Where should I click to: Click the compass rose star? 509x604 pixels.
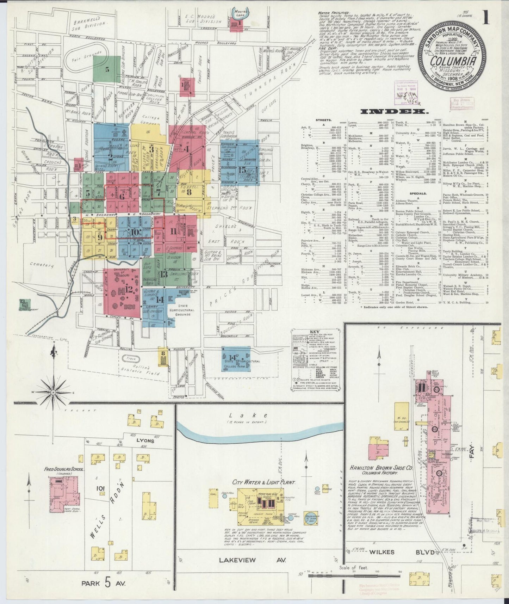(53, 392)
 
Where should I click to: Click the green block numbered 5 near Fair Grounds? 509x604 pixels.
(107, 69)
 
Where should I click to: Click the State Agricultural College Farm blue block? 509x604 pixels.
(236, 359)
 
